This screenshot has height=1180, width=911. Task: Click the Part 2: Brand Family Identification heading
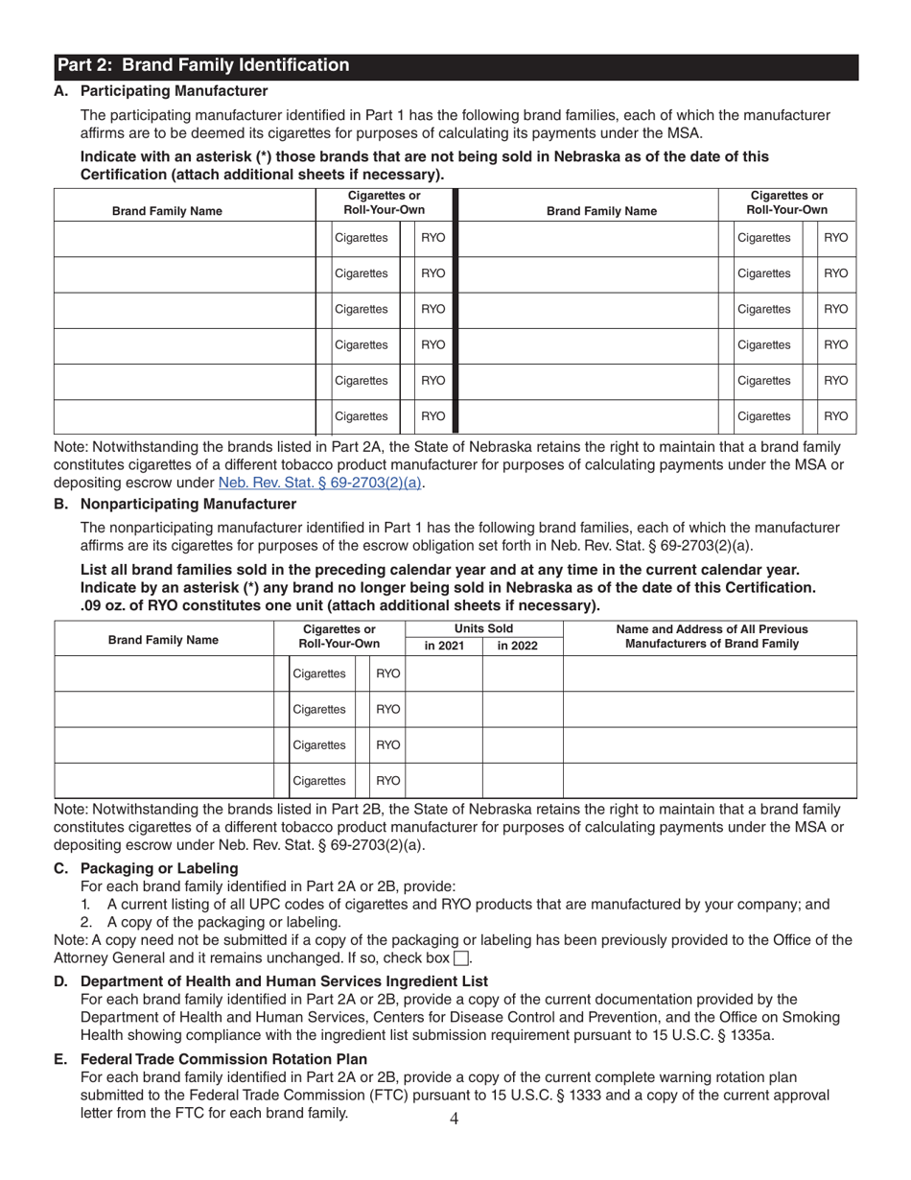point(203,66)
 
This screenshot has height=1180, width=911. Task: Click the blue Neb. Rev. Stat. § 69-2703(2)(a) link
point(321,483)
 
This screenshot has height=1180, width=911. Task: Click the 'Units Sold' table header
point(483,628)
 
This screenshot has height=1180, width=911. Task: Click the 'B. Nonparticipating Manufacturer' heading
point(176,504)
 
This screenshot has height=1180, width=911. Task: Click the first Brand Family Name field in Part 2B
point(162,674)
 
